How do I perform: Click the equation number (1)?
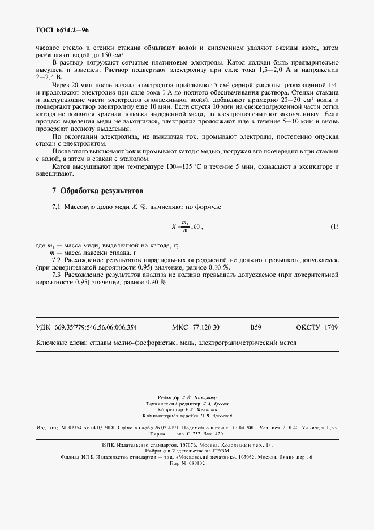click(x=334, y=227)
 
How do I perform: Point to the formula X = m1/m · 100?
click(x=187, y=227)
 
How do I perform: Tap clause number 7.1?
click(x=57, y=208)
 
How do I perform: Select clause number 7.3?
click(x=57, y=275)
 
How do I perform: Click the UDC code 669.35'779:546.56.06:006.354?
click(x=96, y=327)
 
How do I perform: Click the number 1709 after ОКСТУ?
click(x=332, y=327)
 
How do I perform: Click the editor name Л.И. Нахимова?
click(x=204, y=397)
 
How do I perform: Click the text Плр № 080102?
click(x=187, y=463)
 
